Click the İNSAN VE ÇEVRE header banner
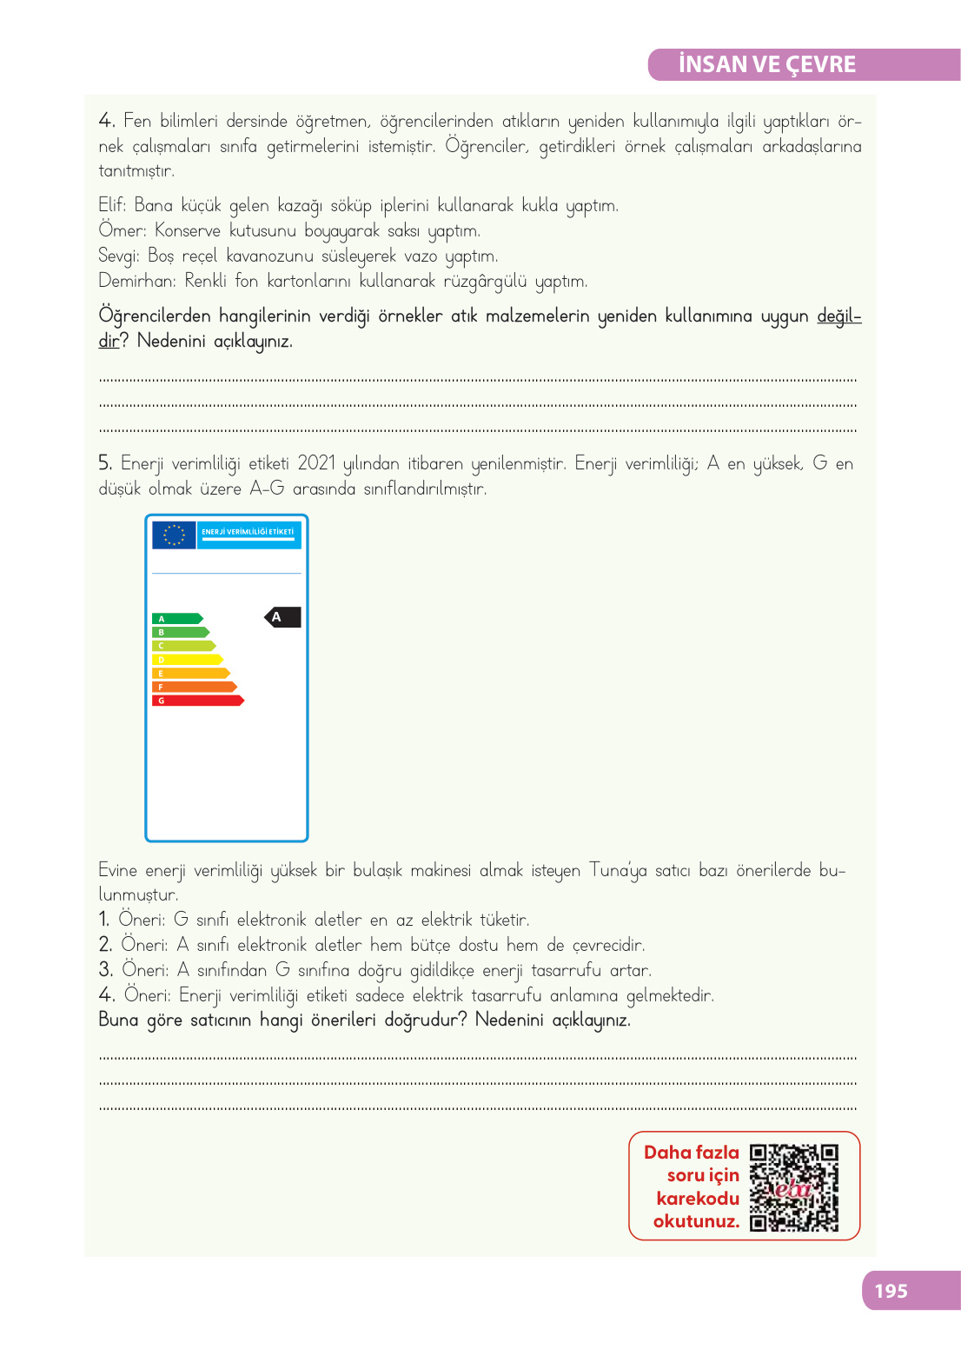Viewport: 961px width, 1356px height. point(803,64)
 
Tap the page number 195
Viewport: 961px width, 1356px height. point(891,1291)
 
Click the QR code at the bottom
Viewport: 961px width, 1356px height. point(794,1187)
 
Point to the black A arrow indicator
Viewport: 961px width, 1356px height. point(282,617)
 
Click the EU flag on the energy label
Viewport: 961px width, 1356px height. point(174,535)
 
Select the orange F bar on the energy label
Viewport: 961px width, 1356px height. point(194,687)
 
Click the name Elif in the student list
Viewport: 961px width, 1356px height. point(111,205)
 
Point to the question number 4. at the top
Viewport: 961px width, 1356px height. point(107,120)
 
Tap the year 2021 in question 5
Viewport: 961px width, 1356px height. point(316,463)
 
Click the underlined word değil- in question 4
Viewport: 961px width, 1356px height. point(838,316)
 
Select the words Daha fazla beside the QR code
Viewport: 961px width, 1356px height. point(691,1153)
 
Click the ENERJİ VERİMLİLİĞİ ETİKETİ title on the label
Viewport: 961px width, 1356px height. point(248,532)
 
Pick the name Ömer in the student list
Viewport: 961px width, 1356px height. point(122,230)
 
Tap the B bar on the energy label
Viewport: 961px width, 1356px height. point(181,633)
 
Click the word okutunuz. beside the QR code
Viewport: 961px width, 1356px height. point(696,1221)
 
